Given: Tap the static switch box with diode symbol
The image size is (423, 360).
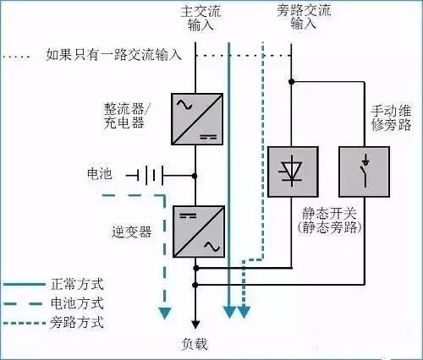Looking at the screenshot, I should [x=293, y=172].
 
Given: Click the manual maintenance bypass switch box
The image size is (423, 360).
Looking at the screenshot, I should [x=364, y=172].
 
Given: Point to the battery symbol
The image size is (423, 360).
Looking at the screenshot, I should [x=149, y=176].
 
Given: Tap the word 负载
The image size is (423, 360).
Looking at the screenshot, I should [x=195, y=345].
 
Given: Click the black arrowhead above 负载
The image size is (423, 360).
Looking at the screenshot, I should [x=195, y=323].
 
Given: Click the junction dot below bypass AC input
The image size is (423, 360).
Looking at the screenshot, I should [x=291, y=82].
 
